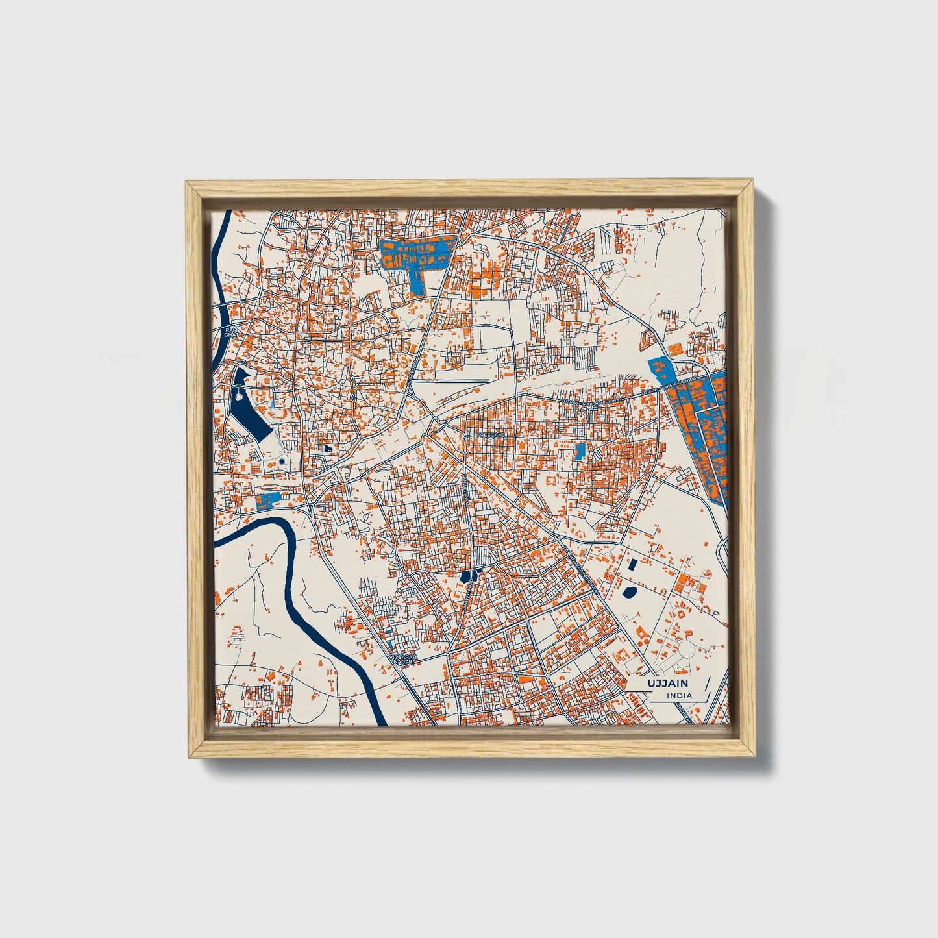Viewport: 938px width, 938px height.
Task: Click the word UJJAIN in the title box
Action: click(x=667, y=684)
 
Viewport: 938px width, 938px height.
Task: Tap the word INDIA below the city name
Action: click(x=679, y=696)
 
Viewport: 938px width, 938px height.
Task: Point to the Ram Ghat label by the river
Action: click(x=228, y=332)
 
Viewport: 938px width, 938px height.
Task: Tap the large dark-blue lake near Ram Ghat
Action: click(x=249, y=406)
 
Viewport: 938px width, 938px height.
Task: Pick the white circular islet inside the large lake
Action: click(x=238, y=396)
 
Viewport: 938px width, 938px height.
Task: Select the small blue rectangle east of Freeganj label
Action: click(x=580, y=450)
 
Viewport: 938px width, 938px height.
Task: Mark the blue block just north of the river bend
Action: click(x=267, y=500)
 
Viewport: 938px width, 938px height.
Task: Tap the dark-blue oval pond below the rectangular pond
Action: click(x=628, y=591)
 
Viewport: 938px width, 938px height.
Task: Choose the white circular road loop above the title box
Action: click(x=686, y=648)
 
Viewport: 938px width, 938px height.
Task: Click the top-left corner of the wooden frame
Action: click(x=188, y=184)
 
